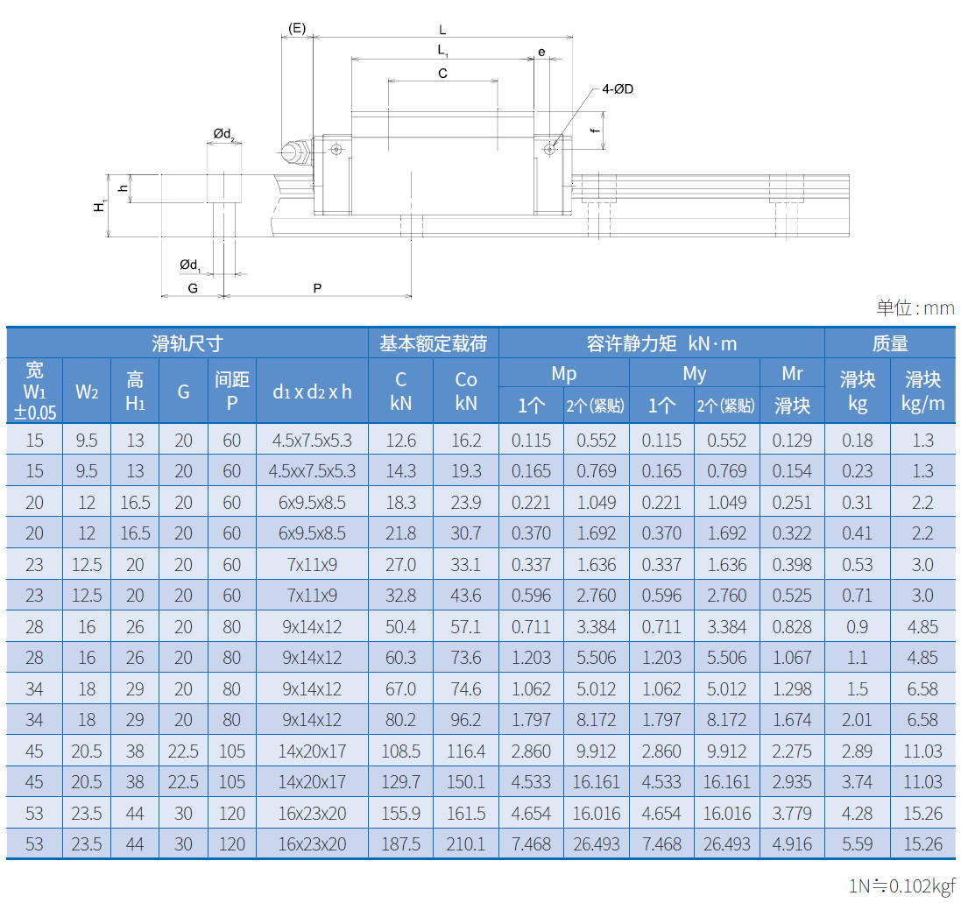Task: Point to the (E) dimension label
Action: [x=297, y=28]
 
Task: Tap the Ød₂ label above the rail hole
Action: [x=223, y=134]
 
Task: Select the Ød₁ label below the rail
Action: [x=190, y=265]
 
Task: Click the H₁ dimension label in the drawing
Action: [x=100, y=205]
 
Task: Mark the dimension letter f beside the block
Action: [x=595, y=131]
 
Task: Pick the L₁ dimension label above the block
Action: [x=443, y=51]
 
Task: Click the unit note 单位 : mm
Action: [x=915, y=307]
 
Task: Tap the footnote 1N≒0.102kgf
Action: [x=901, y=885]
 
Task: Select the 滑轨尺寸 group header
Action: [x=187, y=343]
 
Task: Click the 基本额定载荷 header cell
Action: [x=433, y=343]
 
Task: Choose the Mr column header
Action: [x=792, y=374]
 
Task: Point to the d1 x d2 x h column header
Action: [x=312, y=392]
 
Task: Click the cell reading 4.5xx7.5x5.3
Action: [x=312, y=471]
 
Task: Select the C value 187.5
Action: [x=400, y=844]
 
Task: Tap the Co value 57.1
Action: [x=466, y=627]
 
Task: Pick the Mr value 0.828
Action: [x=792, y=627]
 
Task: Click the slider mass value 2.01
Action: [x=857, y=720]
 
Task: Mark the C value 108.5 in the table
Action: [x=400, y=751]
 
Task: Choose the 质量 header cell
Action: [x=890, y=343]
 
